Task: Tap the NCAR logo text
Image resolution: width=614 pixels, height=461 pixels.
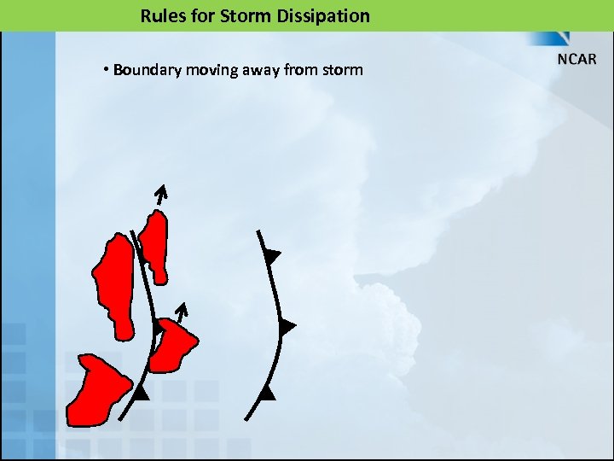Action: pos(577,60)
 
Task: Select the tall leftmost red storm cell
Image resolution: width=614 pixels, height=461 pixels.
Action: pos(113,284)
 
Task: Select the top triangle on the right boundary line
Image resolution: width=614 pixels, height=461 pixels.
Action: pos(272,255)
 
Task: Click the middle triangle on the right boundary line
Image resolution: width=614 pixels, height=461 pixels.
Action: pos(287,326)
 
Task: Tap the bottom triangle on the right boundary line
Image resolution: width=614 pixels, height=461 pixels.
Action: pos(267,393)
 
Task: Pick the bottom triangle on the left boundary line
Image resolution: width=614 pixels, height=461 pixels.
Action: pos(142,393)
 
